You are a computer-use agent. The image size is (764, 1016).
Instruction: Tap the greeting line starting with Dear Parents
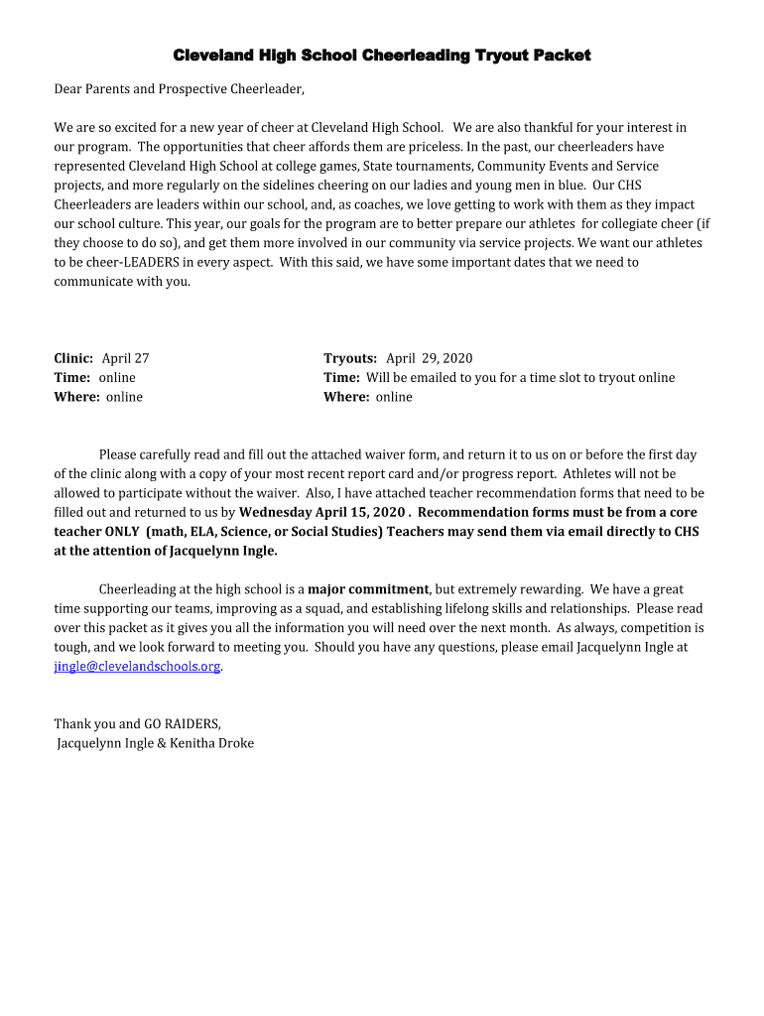point(179,89)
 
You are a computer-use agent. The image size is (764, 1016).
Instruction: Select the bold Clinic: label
point(73,358)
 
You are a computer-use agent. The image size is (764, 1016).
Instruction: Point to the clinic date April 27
point(126,358)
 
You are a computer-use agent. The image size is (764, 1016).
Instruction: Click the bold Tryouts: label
point(350,358)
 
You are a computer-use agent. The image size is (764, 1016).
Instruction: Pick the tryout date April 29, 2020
point(430,358)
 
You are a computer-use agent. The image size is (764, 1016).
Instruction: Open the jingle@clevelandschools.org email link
point(137,667)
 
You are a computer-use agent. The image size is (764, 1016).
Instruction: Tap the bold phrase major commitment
point(368,589)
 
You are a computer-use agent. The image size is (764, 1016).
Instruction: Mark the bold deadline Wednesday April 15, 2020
point(322,513)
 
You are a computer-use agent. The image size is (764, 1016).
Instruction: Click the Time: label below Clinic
point(72,378)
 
